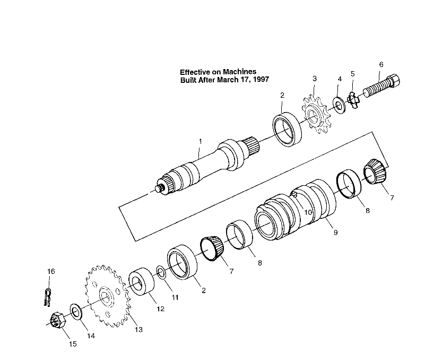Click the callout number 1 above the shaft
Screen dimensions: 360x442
tap(200, 141)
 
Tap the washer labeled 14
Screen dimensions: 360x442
tap(75, 312)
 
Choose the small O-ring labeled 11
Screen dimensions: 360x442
tap(161, 273)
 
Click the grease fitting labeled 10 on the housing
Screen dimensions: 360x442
tap(293, 195)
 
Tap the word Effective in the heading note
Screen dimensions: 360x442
tap(196, 72)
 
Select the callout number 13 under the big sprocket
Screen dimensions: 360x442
tap(138, 330)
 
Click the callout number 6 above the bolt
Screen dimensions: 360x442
tap(380, 64)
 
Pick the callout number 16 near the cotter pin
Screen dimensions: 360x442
tap(51, 271)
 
